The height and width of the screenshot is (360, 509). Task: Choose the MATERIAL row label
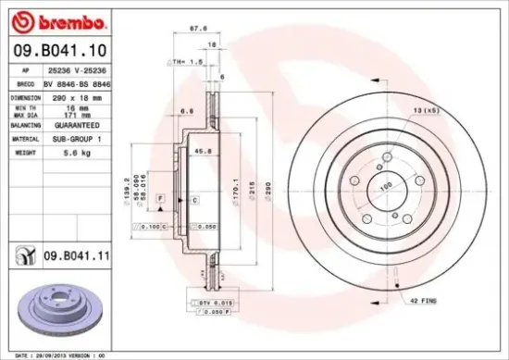pos(26,138)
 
